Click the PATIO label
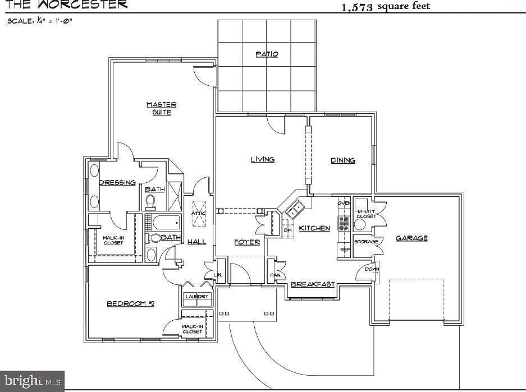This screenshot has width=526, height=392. [x=267, y=54]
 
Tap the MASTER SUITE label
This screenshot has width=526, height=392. [x=161, y=109]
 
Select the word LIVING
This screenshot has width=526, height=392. [x=263, y=159]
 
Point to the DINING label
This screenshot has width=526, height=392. [x=343, y=160]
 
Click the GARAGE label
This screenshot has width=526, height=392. [x=411, y=238]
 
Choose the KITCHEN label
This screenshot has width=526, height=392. [x=314, y=228]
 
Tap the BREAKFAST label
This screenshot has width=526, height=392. [x=313, y=284]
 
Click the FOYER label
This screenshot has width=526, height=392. [x=247, y=242]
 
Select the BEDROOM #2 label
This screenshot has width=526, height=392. [x=130, y=303]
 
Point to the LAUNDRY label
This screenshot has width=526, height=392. [x=197, y=296]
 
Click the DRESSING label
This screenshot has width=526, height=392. [x=117, y=182]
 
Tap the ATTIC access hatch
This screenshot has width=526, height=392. [x=199, y=214]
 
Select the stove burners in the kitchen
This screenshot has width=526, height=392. [x=344, y=223]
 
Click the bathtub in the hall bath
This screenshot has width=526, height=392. [x=167, y=223]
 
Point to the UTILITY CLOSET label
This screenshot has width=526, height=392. [x=367, y=214]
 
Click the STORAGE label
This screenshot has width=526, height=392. [x=366, y=242]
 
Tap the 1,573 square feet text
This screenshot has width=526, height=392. [x=386, y=6]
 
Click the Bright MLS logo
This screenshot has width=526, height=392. [x=32, y=381]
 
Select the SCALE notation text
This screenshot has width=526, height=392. [x=40, y=21]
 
